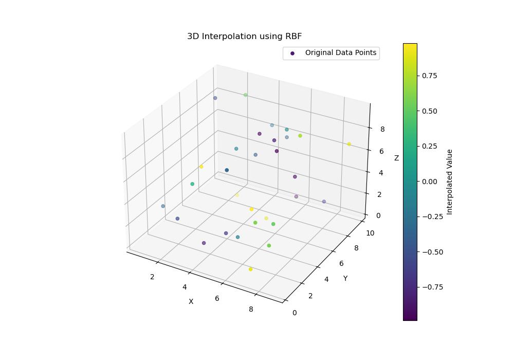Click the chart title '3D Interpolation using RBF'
244,37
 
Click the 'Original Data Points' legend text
340,52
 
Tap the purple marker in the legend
292,53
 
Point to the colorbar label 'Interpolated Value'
450,182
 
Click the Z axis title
396,158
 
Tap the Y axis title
345,278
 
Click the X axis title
191,301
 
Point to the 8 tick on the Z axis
383,130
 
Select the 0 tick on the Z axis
378,215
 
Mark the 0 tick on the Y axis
294,312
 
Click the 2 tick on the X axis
152,277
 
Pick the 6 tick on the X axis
217,298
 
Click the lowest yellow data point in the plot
250,269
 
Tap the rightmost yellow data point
349,144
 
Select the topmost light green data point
245,95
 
